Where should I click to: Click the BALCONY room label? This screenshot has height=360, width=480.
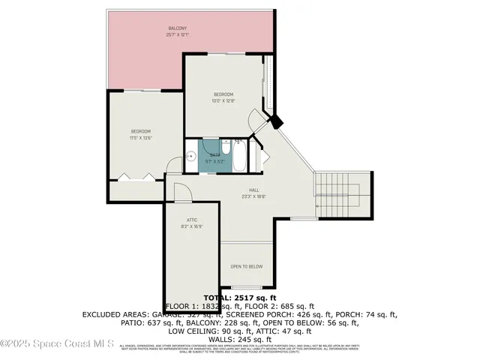point(177,29)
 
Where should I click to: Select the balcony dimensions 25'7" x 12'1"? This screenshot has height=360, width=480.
point(177,35)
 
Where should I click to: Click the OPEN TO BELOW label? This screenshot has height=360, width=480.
point(246,266)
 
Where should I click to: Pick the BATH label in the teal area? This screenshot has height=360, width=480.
point(215,155)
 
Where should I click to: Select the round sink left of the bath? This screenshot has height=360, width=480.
point(192,157)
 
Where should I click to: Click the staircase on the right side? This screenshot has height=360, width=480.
point(342,193)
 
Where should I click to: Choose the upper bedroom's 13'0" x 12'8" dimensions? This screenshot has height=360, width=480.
point(224,100)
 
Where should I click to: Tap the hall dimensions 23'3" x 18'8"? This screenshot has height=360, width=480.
point(254,197)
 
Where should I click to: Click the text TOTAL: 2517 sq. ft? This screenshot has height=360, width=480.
point(239,298)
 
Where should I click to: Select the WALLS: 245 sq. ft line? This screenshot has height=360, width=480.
point(239,339)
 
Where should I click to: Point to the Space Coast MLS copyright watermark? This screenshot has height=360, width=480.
point(57,345)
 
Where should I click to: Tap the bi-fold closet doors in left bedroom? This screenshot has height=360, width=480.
point(136,177)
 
